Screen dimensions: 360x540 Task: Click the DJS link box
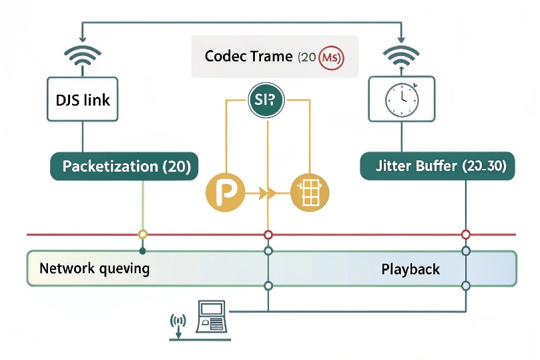pyautogui.click(x=82, y=101)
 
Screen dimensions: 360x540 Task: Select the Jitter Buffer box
pyautogui.click(x=437, y=166)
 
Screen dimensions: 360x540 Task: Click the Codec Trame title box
pyautogui.click(x=274, y=57)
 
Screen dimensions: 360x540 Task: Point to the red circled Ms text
pyautogui.click(x=331, y=57)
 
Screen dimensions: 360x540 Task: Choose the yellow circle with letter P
pyautogui.click(x=224, y=194)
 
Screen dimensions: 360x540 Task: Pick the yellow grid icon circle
pyautogui.click(x=310, y=194)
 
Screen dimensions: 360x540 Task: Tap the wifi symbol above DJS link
pyautogui.click(x=82, y=56)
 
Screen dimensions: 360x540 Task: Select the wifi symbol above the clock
pyautogui.click(x=401, y=56)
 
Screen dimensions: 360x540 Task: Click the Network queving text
pyautogui.click(x=94, y=269)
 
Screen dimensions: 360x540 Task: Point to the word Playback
pyautogui.click(x=411, y=269)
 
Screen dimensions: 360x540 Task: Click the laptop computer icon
pyautogui.click(x=212, y=317)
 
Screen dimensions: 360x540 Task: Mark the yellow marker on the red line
pyautogui.click(x=142, y=234)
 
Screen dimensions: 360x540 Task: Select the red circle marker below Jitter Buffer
pyautogui.click(x=466, y=234)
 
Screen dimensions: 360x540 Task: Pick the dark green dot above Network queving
pyautogui.click(x=142, y=251)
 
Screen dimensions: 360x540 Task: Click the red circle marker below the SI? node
pyautogui.click(x=268, y=234)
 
